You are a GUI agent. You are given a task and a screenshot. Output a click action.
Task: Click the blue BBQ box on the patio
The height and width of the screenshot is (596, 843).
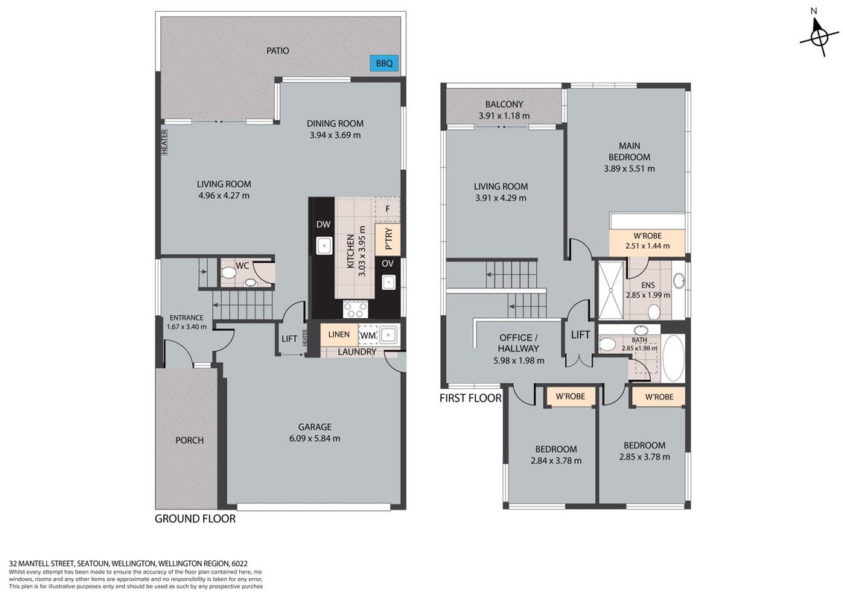(384, 63)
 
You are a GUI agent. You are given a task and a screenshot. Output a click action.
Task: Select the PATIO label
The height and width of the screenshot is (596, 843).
(278, 51)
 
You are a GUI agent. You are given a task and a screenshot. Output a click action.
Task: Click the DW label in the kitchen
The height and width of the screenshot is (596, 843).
(323, 224)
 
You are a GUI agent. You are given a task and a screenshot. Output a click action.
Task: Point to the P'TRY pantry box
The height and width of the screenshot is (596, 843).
(388, 239)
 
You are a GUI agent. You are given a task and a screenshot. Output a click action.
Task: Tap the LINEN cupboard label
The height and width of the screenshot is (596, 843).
(339, 334)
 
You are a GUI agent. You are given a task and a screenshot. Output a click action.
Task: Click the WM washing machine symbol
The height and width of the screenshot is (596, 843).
(369, 335)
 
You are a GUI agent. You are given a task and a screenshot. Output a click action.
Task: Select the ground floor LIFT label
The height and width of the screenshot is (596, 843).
(289, 339)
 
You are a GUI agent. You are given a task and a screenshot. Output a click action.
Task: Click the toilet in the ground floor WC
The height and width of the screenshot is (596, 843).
(229, 273)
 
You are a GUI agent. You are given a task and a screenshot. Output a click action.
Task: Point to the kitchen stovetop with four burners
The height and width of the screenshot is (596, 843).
(356, 309)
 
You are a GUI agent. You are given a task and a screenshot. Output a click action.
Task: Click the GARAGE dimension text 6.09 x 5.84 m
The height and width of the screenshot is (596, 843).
(314, 438)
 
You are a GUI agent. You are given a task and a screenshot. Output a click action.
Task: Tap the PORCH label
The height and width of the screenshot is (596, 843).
(190, 440)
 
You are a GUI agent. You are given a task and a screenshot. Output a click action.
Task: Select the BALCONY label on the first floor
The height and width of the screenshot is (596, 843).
(503, 104)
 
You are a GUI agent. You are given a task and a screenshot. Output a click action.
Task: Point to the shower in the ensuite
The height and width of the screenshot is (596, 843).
(612, 291)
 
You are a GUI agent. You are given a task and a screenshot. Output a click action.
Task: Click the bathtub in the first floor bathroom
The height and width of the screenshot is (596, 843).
(673, 358)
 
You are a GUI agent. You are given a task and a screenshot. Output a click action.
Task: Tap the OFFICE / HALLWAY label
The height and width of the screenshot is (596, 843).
(519, 343)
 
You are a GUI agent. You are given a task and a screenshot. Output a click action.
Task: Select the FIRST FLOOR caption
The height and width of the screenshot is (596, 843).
(471, 398)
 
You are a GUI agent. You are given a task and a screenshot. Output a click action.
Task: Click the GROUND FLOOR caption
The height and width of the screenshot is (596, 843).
(195, 519)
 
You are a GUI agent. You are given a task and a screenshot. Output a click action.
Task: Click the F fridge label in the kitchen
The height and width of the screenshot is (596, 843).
(388, 209)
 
